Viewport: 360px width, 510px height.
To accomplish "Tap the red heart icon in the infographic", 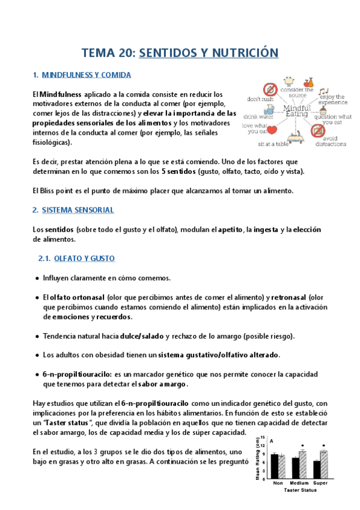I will [x=270, y=129].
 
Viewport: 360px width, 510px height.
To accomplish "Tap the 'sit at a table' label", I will [x=273, y=144].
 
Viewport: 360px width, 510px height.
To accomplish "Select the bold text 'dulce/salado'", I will [x=142, y=336].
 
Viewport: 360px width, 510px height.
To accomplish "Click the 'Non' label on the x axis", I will [x=278, y=483].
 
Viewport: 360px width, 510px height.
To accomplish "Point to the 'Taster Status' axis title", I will [x=298, y=490].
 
